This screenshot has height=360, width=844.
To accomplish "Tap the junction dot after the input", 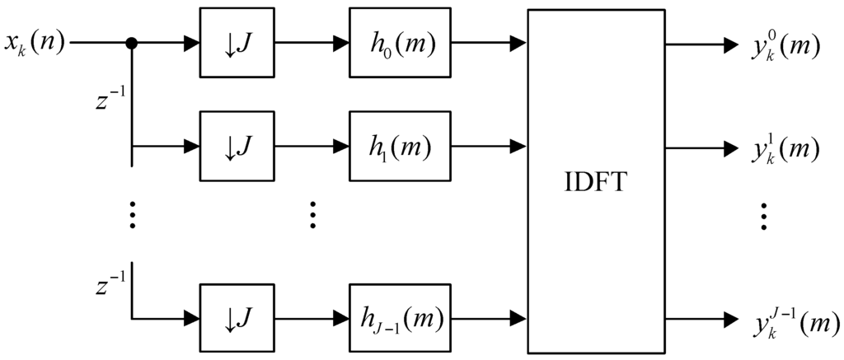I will pos(132,43).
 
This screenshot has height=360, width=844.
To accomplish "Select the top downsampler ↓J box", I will pos(235,43).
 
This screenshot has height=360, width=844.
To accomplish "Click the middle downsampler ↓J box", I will pos(235,147).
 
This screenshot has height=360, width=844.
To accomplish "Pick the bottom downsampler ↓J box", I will pos(235,317).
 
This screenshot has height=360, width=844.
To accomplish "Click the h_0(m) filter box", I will pos(401,43).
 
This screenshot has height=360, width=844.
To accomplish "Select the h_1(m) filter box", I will pos(401,147).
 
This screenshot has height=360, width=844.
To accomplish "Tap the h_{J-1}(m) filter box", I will pos(401,317).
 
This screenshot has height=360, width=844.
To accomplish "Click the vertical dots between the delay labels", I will pos(132,217).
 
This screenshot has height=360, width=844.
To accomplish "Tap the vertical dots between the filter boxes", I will pos(312,217).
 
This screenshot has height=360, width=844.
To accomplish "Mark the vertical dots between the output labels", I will pos(764,217).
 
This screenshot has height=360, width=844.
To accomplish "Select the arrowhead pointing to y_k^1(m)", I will pos(730,148).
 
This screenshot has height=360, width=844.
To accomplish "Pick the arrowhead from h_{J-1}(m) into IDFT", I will pos(520,317).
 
